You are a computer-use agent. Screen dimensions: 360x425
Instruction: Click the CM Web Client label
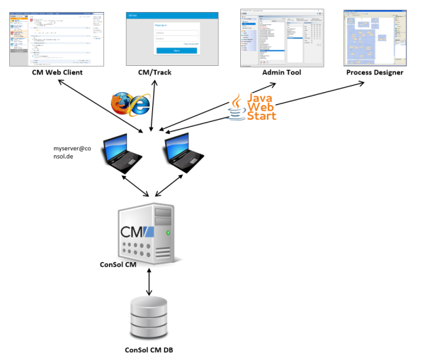pyautogui.click(x=57, y=73)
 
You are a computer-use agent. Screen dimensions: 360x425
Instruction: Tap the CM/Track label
pyautogui.click(x=156, y=73)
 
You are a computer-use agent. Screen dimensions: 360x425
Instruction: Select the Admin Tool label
pyautogui.click(x=280, y=73)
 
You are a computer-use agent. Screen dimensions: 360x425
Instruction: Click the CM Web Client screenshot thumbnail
pyautogui.click(x=57, y=38)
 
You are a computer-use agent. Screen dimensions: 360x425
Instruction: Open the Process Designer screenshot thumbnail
pyautogui.click(x=373, y=37)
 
